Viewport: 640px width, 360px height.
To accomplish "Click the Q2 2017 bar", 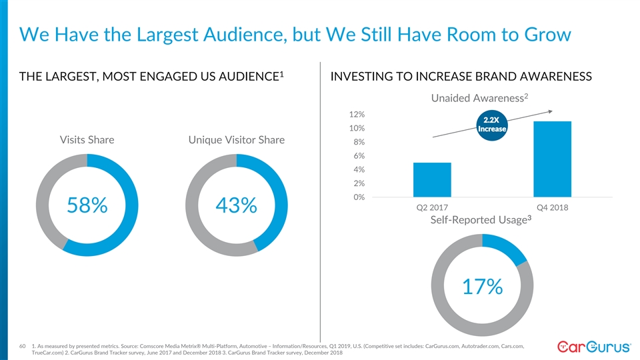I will pyautogui.click(x=432, y=180).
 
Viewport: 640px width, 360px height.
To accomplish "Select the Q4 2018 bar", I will pyautogui.click(x=552, y=159).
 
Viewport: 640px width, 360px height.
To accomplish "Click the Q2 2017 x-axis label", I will pyautogui.click(x=432, y=207).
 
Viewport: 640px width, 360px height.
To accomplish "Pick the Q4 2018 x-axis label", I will pyautogui.click(x=552, y=207).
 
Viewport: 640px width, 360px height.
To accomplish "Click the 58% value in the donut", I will pyautogui.click(x=87, y=206).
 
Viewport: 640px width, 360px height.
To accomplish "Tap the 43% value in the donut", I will pyautogui.click(x=236, y=206).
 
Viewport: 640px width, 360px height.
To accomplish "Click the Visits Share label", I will pyautogui.click(x=87, y=140).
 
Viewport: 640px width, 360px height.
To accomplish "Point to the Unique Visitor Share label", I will pyautogui.click(x=237, y=140).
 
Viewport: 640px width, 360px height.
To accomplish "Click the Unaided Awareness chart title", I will pyautogui.click(x=479, y=99).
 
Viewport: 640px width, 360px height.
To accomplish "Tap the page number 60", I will pyautogui.click(x=22, y=345).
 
